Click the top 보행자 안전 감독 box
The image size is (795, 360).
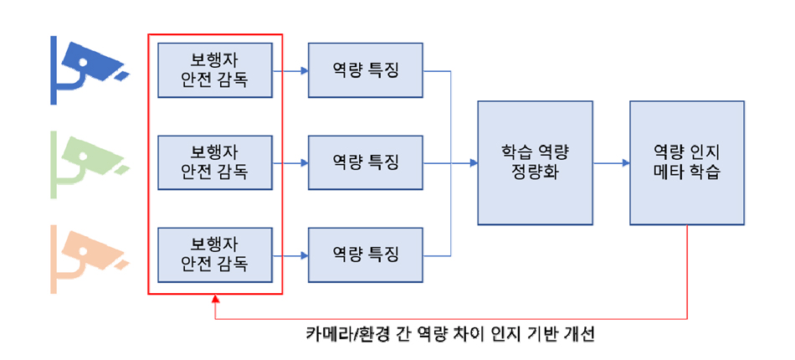(x=215, y=70)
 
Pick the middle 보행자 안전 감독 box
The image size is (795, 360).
(x=215, y=162)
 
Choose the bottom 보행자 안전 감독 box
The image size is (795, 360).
(x=215, y=255)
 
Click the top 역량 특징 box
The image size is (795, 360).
(x=366, y=70)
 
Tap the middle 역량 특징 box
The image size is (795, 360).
(x=366, y=162)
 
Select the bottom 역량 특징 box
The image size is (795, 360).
(x=366, y=255)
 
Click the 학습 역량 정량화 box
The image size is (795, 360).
(x=535, y=162)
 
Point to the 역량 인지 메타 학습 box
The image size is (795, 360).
(x=686, y=162)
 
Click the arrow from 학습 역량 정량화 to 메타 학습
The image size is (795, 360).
(x=611, y=162)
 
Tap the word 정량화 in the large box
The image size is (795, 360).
(x=535, y=174)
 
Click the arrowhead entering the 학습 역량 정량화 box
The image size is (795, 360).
(x=473, y=162)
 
